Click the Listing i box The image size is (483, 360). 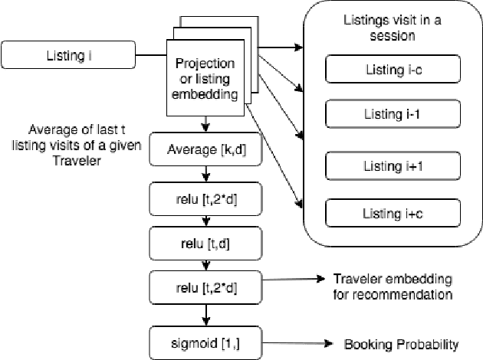pyautogui.click(x=69, y=55)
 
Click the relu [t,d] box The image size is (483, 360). pyautogui.click(x=205, y=244)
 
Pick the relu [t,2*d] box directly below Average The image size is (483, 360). pyautogui.click(x=205, y=197)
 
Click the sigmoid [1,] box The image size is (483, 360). pyautogui.click(x=205, y=337)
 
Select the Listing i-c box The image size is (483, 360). pyautogui.click(x=393, y=70)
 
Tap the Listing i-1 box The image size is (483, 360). pyautogui.click(x=393, y=115)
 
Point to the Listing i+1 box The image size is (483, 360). pyautogui.click(x=393, y=167)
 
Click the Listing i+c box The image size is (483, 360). pyautogui.click(x=393, y=212)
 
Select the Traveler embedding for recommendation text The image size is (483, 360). pyautogui.click(x=391, y=286)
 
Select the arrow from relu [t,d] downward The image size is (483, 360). pyautogui.click(x=205, y=265)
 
